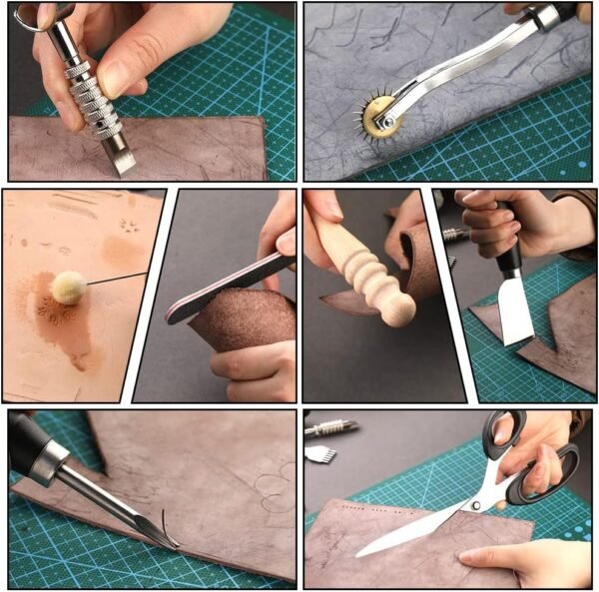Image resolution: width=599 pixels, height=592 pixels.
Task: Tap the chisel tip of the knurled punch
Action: click(123, 161)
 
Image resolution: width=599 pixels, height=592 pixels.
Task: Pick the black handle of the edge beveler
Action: click(30, 450)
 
